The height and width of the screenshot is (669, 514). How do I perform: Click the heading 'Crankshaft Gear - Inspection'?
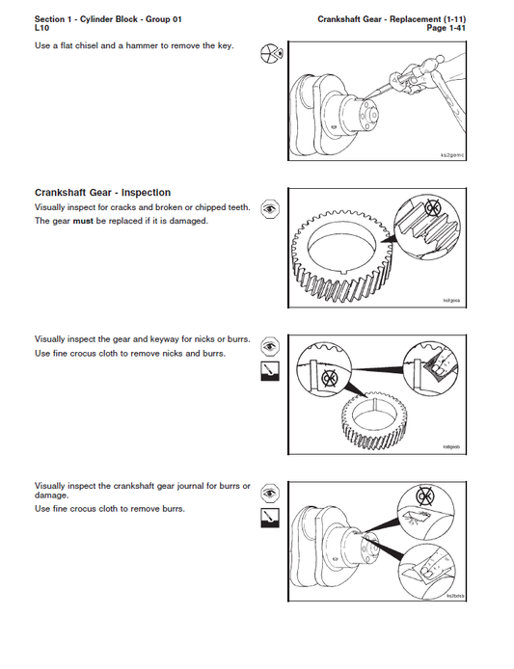pyautogui.click(x=102, y=193)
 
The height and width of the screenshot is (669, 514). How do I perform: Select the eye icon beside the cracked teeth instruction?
pyautogui.click(x=271, y=208)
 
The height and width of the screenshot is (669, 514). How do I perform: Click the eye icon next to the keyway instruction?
pyautogui.click(x=271, y=345)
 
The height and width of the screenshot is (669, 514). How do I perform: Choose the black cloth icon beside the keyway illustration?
pyautogui.click(x=271, y=372)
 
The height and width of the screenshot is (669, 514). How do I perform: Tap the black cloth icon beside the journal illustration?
pyautogui.click(x=271, y=519)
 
